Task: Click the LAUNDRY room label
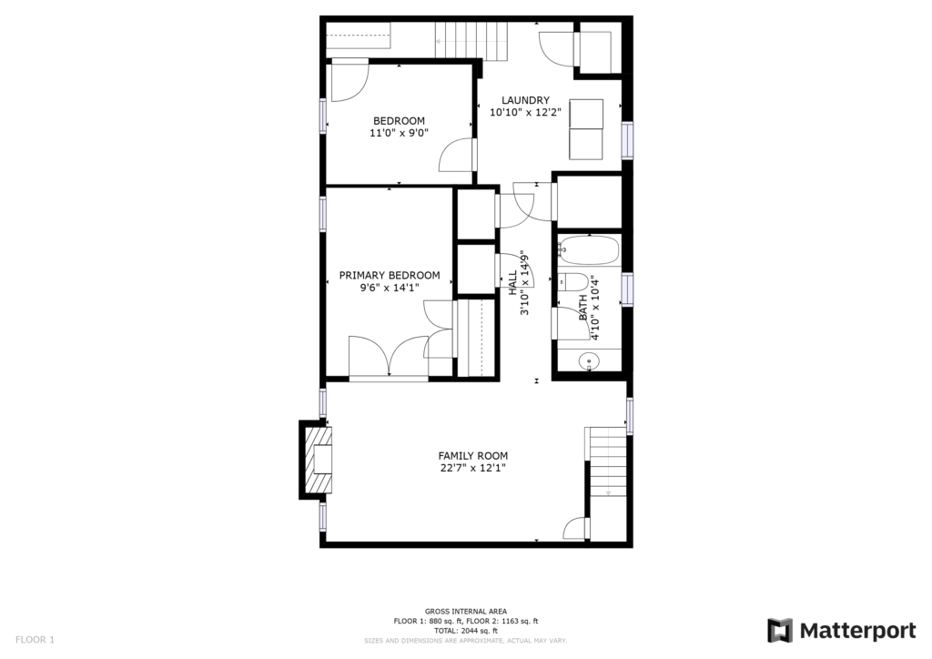pyautogui.click(x=525, y=100)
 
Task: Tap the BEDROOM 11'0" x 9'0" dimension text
pyautogui.click(x=399, y=133)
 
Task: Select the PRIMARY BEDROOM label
pyautogui.click(x=390, y=275)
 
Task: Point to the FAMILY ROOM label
pyautogui.click(x=473, y=456)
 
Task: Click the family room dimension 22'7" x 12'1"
pyautogui.click(x=473, y=468)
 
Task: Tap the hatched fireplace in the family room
pyautogui.click(x=316, y=460)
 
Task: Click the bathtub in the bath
pyautogui.click(x=589, y=250)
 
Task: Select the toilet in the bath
pyautogui.click(x=573, y=281)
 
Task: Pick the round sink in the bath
pyautogui.click(x=589, y=360)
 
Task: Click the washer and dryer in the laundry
pyautogui.click(x=586, y=129)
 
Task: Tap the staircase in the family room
pyautogui.click(x=606, y=462)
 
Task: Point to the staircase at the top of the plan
pyautogui.click(x=472, y=41)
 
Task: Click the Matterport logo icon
pyautogui.click(x=780, y=631)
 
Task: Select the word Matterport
pyautogui.click(x=857, y=631)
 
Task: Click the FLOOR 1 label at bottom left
pyautogui.click(x=35, y=640)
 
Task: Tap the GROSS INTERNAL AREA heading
pyautogui.click(x=466, y=611)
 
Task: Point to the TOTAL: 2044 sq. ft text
pyautogui.click(x=466, y=631)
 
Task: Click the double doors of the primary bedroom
pyautogui.click(x=388, y=357)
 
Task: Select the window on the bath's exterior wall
pyautogui.click(x=627, y=289)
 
